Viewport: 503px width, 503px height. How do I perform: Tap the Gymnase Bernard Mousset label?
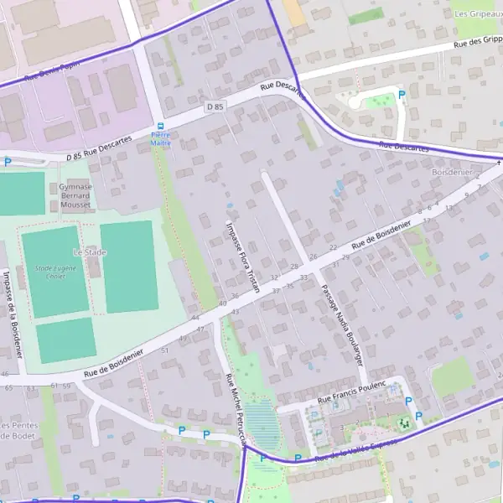(75, 196)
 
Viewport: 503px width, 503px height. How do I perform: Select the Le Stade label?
(90, 251)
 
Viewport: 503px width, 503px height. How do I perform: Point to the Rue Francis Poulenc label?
(351, 386)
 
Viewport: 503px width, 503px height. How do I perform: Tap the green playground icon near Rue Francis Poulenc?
(404, 423)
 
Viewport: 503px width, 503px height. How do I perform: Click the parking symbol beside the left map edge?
(8, 162)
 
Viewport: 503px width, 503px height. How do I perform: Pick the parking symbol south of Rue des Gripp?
(401, 95)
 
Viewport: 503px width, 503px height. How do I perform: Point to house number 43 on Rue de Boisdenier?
(235, 312)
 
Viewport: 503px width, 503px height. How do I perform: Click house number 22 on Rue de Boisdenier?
(333, 247)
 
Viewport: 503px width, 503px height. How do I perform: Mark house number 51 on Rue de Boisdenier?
(165, 350)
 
